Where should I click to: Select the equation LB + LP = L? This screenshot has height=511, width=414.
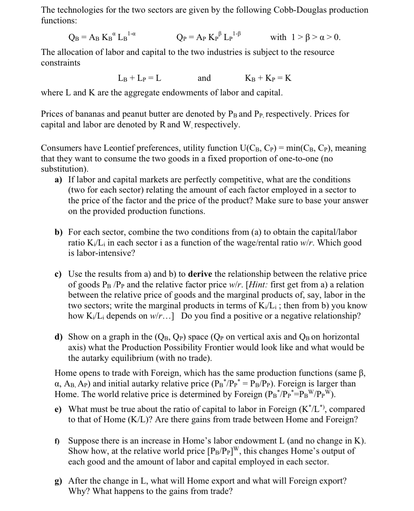[139, 78]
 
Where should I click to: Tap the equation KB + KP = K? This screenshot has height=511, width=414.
[268, 78]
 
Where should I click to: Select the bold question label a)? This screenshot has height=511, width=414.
[59, 180]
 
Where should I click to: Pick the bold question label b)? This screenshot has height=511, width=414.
[59, 232]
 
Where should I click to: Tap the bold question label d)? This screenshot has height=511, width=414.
[59, 337]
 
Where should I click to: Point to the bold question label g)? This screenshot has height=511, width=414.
[59, 481]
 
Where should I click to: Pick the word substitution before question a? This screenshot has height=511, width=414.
[63, 169]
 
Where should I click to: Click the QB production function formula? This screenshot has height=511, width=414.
[102, 37]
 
